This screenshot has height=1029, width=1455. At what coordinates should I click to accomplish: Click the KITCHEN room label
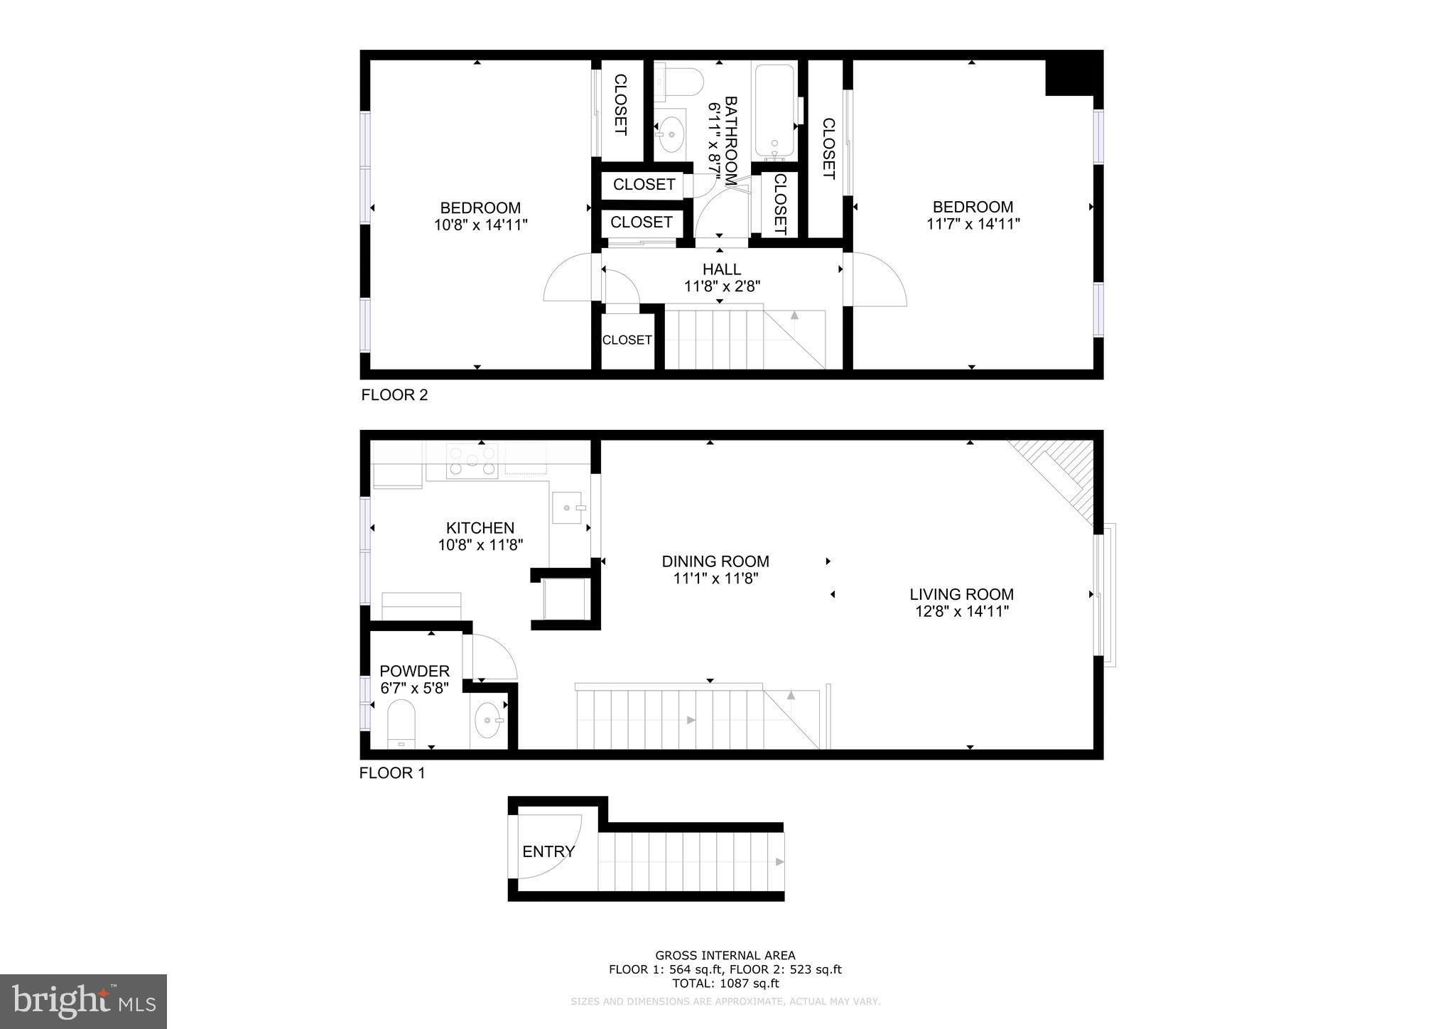(480, 528)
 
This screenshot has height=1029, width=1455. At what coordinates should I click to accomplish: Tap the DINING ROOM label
(715, 561)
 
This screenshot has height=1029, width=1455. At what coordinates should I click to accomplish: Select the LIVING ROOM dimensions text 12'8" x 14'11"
(962, 612)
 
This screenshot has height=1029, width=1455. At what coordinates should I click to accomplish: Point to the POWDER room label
(414, 672)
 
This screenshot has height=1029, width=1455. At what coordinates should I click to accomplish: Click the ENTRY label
(548, 851)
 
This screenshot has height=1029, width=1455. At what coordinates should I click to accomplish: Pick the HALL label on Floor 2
(722, 269)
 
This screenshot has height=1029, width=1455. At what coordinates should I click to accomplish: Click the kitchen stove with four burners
(472, 460)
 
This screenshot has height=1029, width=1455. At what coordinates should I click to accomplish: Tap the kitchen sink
(567, 508)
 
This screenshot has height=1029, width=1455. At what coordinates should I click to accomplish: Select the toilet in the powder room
(402, 723)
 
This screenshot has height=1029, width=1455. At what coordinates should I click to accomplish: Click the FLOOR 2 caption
(395, 395)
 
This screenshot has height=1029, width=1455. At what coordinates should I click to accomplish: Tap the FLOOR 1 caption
(392, 773)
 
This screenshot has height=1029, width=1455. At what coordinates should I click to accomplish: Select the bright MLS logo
(84, 1002)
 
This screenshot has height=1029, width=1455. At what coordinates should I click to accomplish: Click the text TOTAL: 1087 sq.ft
(725, 984)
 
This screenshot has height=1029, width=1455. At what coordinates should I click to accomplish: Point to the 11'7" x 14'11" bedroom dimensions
(973, 225)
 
